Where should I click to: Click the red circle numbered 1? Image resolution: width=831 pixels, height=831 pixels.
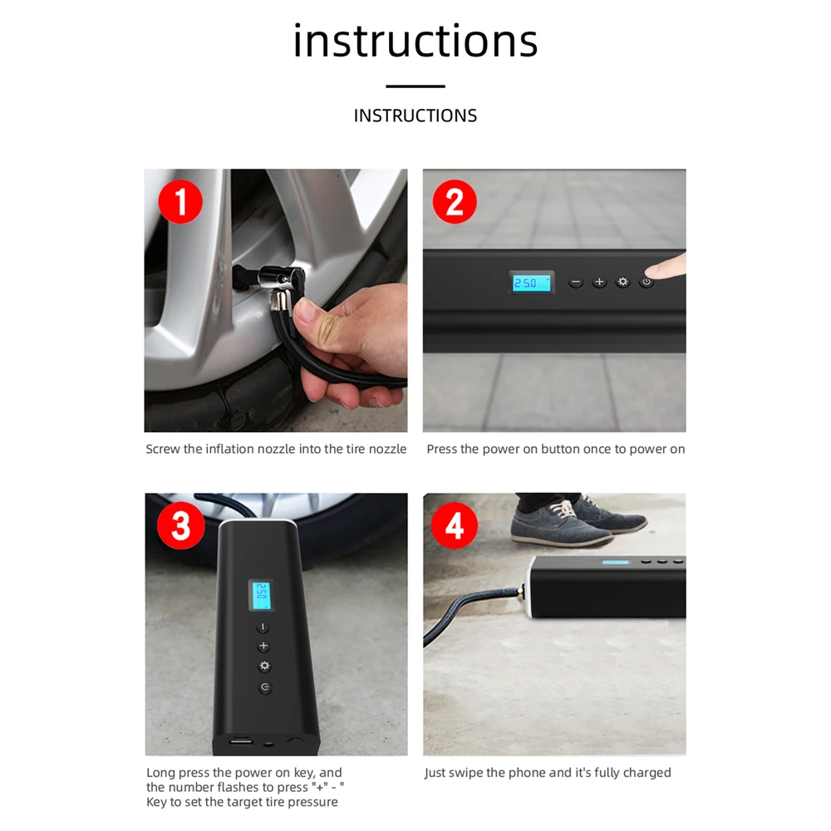[180, 202]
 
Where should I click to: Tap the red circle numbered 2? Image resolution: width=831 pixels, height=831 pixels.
[455, 202]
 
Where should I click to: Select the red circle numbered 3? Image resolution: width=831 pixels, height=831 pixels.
[180, 526]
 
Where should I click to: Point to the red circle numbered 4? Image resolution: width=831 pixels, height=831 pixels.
[455, 526]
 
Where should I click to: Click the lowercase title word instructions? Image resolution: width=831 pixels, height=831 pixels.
[415, 41]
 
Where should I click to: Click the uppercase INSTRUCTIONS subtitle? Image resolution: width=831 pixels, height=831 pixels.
[415, 116]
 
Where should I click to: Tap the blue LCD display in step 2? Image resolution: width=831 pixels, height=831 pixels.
[531, 283]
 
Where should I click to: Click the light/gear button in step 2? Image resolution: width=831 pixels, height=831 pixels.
[622, 282]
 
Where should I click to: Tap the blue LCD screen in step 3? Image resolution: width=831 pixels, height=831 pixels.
[261, 596]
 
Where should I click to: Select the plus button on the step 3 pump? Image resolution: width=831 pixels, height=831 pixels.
[263, 646]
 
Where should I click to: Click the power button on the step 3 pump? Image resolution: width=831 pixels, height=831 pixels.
[265, 687]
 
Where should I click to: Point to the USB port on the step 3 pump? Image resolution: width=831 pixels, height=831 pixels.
[241, 741]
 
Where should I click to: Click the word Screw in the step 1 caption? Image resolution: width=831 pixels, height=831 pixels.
[163, 450]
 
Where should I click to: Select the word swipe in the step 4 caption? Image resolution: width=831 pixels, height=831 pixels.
[466, 773]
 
